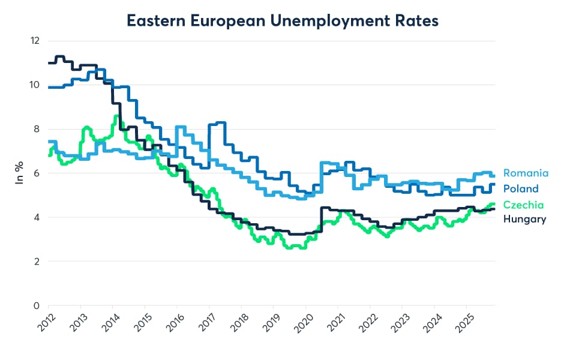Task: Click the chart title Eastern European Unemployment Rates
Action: pos(283,20)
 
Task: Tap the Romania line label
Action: pos(526,173)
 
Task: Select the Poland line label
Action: pos(521,189)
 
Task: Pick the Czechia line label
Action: pos(523,205)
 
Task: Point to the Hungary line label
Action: pos(524,219)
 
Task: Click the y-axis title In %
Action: pos(20,173)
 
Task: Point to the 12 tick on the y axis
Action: pos(35,41)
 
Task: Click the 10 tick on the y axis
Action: pos(35,85)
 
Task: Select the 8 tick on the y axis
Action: pos(36,129)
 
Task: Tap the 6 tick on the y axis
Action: pos(36,173)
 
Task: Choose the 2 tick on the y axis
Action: pos(36,262)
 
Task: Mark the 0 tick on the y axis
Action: pos(36,306)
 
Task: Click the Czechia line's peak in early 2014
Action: pos(116,117)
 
